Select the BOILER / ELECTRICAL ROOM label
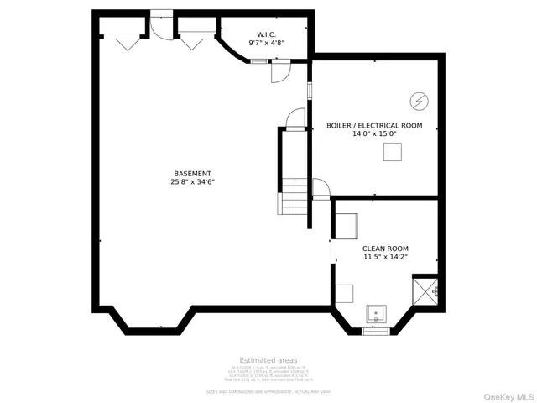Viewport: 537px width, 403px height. [374, 126]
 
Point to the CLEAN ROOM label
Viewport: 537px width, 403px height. [385, 249]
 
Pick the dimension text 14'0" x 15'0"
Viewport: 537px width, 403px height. [374, 133]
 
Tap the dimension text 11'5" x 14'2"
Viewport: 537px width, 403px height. [385, 257]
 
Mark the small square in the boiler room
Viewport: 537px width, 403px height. [392, 152]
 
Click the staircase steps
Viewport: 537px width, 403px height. [293, 196]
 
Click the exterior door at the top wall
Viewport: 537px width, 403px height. [161, 25]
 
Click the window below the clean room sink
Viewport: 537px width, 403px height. [376, 332]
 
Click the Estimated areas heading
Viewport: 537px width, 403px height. [268, 360]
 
